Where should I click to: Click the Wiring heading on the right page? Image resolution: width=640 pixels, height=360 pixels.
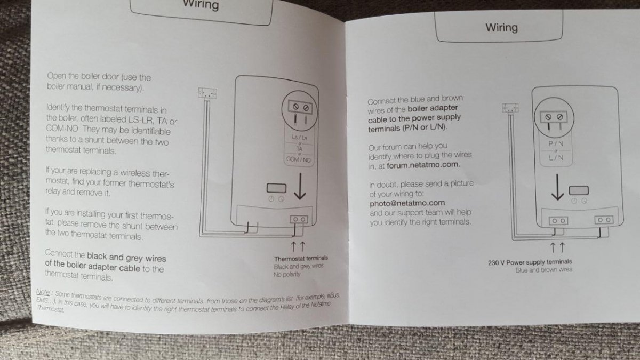501,28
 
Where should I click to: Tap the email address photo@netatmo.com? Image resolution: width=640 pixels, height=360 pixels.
407,203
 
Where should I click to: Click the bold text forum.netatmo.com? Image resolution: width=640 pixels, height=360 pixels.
423,165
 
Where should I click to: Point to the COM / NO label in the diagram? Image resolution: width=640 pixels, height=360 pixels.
299,159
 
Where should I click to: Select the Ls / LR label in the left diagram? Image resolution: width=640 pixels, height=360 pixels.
299,138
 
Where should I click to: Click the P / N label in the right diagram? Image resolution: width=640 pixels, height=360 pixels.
556,143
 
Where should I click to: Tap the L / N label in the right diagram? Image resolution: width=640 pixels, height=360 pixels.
556,157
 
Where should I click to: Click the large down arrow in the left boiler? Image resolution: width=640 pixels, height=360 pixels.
300,186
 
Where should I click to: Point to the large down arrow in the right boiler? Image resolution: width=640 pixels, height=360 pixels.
557,187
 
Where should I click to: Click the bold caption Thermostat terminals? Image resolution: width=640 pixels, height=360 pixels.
301,258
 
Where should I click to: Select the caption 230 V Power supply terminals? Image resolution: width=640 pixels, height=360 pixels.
530,262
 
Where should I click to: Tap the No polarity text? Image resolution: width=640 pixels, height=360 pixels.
287,275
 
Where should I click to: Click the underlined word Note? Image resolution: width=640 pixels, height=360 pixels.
43,292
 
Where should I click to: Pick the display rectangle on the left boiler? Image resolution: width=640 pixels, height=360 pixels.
276,188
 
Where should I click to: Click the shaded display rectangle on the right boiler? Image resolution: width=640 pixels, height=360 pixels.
579,190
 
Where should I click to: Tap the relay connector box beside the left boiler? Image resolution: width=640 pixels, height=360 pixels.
207,93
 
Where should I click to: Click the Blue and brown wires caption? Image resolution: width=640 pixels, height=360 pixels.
543,270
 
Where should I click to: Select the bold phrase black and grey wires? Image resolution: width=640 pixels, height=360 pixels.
126,258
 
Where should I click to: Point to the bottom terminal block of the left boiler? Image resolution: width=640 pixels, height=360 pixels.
299,219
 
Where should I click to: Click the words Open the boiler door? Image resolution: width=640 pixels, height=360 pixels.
83,76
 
